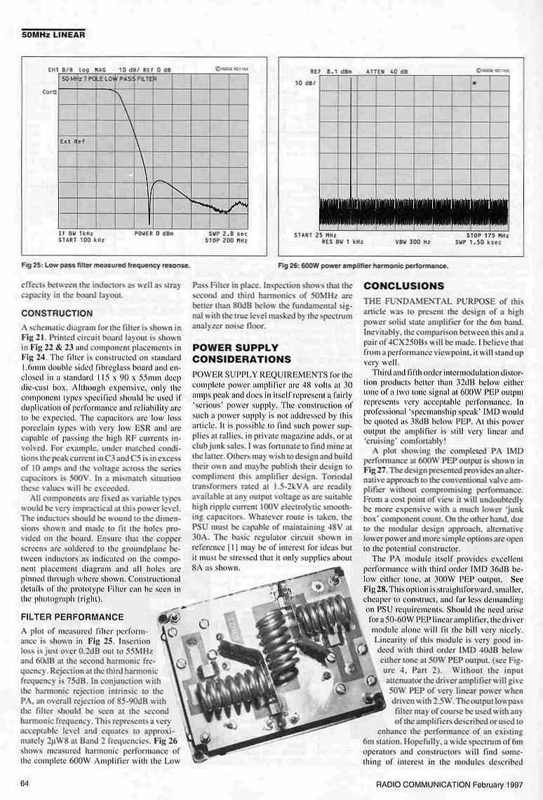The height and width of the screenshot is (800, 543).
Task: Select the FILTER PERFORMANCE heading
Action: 72,617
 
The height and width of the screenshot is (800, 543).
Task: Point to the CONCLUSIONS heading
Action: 403,286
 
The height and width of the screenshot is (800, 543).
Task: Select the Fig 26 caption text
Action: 363,266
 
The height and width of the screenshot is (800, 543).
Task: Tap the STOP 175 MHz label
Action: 488,235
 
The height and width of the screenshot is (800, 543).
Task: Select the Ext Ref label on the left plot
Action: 72,141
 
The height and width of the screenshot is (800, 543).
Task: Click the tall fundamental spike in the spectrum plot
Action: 349,140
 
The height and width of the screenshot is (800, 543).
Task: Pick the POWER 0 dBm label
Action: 154,233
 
